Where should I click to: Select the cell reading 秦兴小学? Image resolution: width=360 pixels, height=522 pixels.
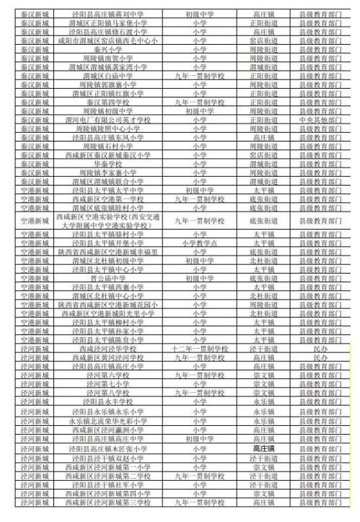tap(107, 51)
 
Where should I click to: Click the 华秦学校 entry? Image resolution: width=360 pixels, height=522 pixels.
tap(107, 163)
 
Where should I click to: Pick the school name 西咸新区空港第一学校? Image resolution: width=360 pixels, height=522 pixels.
tap(107, 198)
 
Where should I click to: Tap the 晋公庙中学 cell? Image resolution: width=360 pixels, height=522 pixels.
tap(107, 277)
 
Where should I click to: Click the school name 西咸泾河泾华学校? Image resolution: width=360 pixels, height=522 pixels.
tap(107, 348)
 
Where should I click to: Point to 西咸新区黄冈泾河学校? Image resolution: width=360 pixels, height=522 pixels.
tap(107, 357)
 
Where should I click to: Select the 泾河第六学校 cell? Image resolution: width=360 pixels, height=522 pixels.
tap(107, 375)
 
